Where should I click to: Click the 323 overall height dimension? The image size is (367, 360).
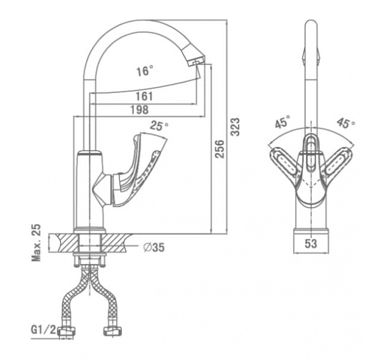pyautogui.click(x=235, y=127)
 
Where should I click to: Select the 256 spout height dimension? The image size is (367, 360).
pyautogui.click(x=220, y=149)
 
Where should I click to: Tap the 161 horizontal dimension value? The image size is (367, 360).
pyautogui.click(x=144, y=96)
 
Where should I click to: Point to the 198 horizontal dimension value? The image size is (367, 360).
pyautogui.click(x=139, y=110)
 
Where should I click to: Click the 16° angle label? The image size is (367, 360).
pyautogui.click(x=145, y=70)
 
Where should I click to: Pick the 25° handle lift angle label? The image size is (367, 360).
pyautogui.click(x=159, y=126)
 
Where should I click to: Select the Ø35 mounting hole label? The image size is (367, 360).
pyautogui.click(x=154, y=247)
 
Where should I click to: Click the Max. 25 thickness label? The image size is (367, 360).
pyautogui.click(x=36, y=242)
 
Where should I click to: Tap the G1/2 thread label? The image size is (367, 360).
pyautogui.click(x=44, y=330)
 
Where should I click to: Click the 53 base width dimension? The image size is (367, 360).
pyautogui.click(x=311, y=244)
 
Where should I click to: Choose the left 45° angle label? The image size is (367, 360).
pyautogui.click(x=283, y=122)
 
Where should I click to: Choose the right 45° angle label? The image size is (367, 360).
pyautogui.click(x=346, y=122)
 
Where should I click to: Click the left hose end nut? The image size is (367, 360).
pyautogui.click(x=67, y=331)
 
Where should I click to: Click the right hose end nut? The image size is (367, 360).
pyautogui.click(x=113, y=331)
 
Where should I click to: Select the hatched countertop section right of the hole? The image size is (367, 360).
pyautogui.click(x=115, y=243)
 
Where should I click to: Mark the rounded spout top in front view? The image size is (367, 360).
pyautogui.click(x=311, y=26)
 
